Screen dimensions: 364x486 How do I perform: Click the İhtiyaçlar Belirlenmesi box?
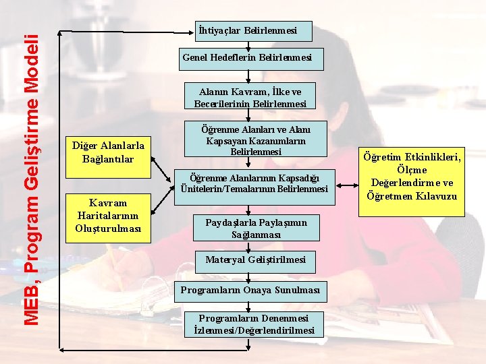[x=247, y=30]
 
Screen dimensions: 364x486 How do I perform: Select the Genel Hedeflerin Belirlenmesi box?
[x=247, y=59]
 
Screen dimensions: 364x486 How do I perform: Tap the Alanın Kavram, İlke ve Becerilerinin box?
[x=250, y=98]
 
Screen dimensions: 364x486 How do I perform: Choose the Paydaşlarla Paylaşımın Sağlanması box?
[x=256, y=229]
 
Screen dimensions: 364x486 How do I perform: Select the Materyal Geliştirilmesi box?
[x=255, y=260]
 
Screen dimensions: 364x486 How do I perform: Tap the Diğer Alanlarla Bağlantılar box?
[x=108, y=152]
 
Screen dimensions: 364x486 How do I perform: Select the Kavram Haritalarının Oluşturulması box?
[x=108, y=216]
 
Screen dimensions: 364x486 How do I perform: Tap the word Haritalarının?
[x=108, y=216]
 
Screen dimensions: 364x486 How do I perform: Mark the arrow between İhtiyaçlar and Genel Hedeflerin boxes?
[x=249, y=44]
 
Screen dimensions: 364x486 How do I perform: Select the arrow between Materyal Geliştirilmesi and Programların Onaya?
[x=249, y=275]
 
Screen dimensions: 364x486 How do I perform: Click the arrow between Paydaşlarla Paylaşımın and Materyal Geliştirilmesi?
[x=249, y=245]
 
